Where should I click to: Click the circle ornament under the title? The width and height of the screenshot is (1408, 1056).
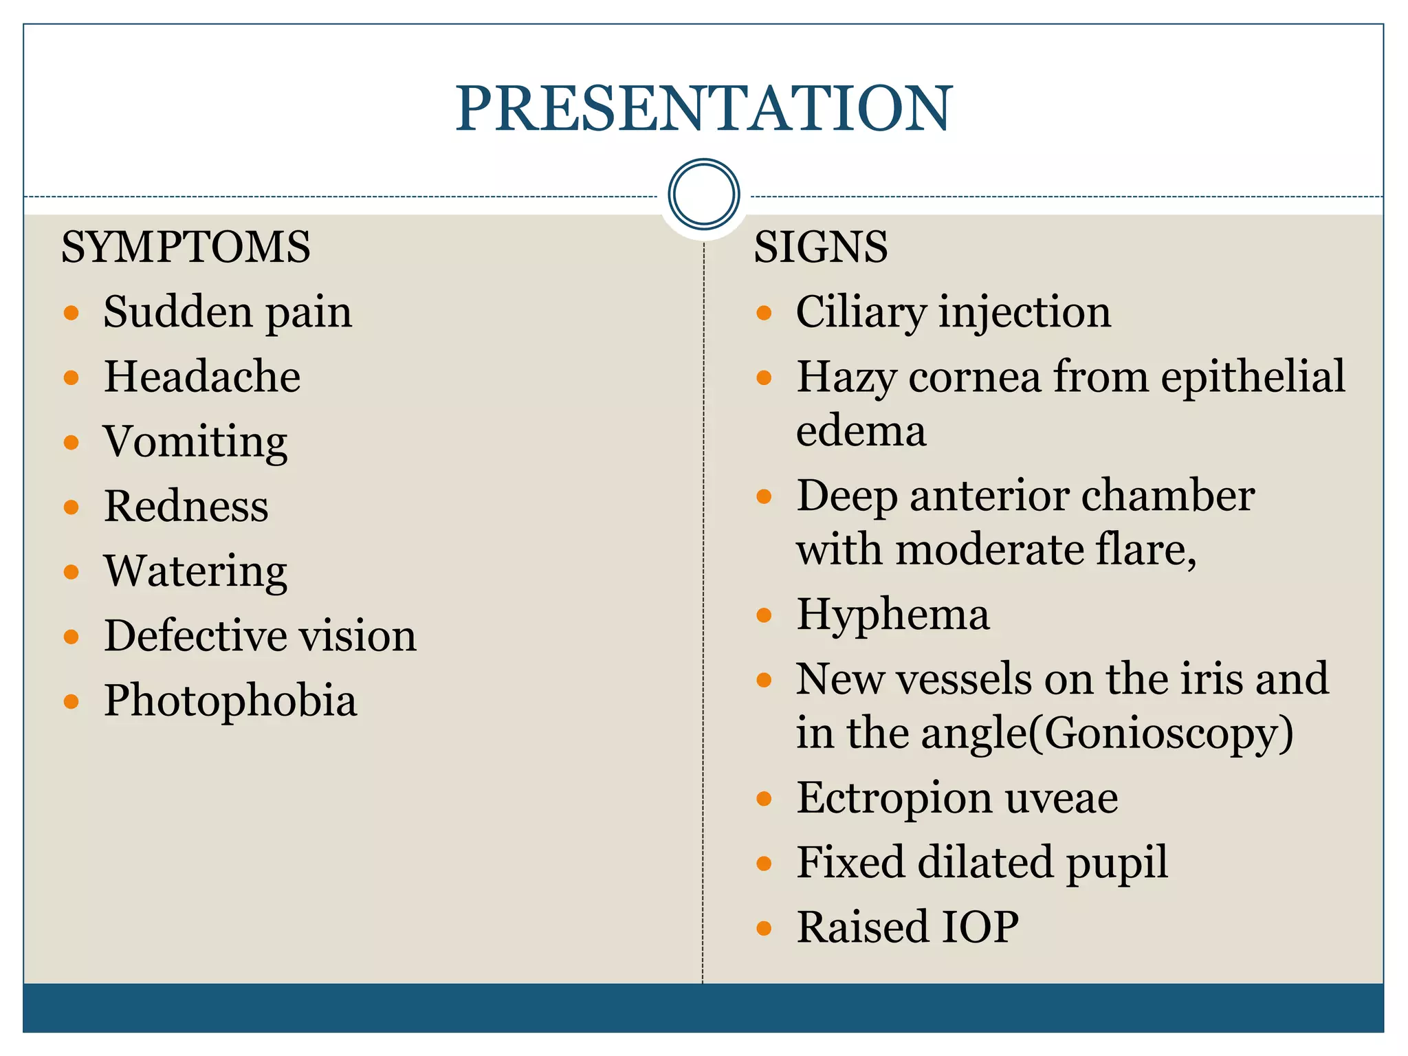point(703,195)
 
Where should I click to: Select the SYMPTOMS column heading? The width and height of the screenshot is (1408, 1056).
point(186,247)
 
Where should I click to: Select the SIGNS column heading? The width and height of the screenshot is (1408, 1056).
point(820,247)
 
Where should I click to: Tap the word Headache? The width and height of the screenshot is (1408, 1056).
point(202,377)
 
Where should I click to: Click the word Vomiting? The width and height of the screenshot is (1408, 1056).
point(195,442)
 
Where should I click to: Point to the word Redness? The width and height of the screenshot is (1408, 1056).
point(186,507)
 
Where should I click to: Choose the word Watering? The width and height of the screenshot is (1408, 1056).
point(195,571)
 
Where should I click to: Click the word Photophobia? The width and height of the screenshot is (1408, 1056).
point(230,701)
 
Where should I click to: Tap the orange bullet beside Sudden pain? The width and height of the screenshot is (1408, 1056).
point(71,313)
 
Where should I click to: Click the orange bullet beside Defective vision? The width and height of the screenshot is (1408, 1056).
point(71,637)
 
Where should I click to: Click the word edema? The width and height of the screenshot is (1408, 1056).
point(861,432)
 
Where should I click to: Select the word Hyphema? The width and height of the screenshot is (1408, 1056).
point(892,615)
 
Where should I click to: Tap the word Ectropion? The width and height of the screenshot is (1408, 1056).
point(894,798)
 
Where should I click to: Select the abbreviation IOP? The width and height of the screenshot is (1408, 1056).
point(979,927)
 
